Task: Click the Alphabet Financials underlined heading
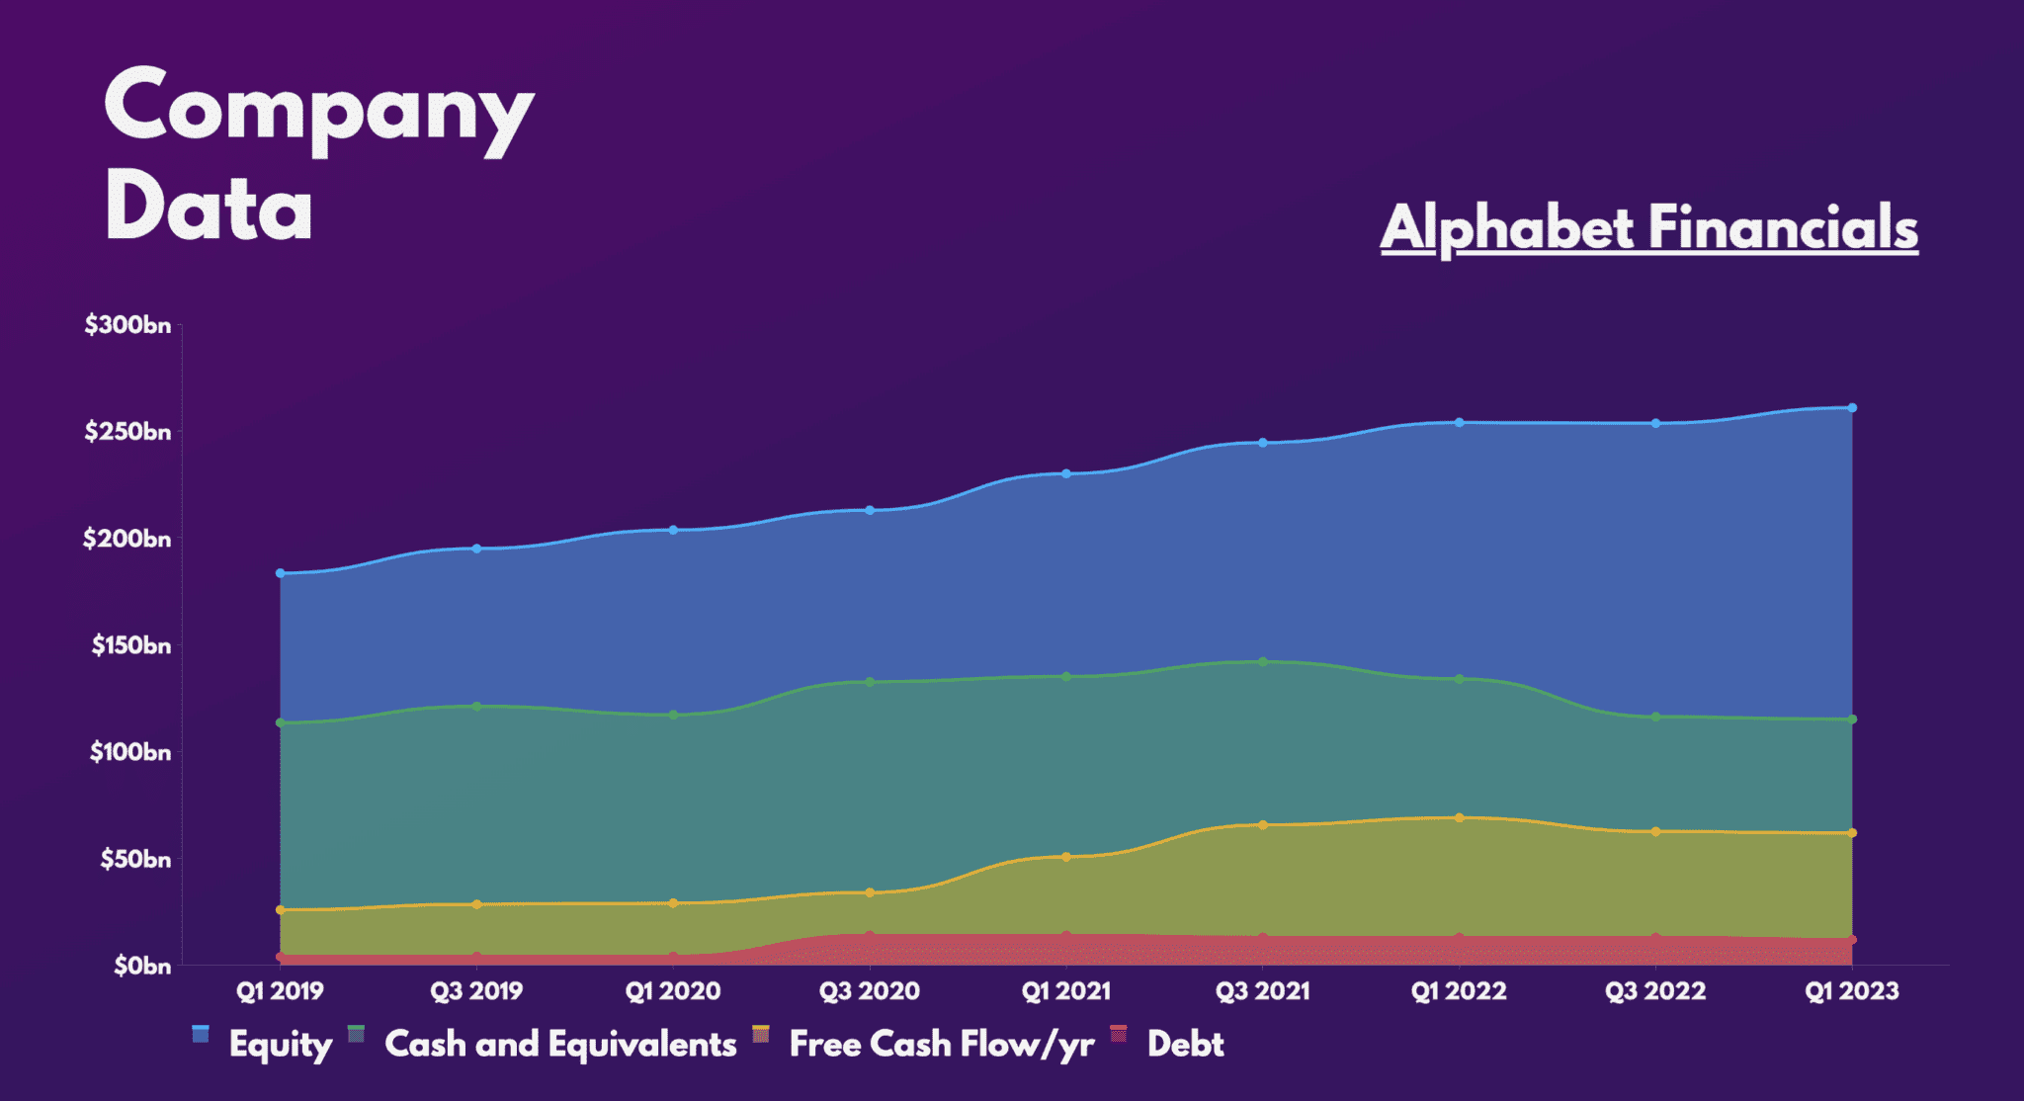[1648, 228]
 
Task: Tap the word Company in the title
[318, 109]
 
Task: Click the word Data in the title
[209, 208]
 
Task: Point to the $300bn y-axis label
[127, 325]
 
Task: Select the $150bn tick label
[130, 645]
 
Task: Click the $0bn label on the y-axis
[141, 966]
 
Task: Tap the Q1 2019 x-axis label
[280, 990]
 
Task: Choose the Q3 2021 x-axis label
[1262, 990]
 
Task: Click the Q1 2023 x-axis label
[1851, 990]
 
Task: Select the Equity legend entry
[280, 1044]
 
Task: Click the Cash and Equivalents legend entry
[559, 1044]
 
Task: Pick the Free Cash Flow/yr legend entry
[941, 1044]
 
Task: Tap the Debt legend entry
[1185, 1044]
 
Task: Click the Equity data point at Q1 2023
[1852, 407]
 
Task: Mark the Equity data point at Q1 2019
[281, 573]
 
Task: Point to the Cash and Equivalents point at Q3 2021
[1263, 661]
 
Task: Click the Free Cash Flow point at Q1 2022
[1459, 817]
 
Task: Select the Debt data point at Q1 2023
[1852, 940]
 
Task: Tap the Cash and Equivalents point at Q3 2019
[476, 706]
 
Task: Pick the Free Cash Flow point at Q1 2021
[1066, 857]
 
